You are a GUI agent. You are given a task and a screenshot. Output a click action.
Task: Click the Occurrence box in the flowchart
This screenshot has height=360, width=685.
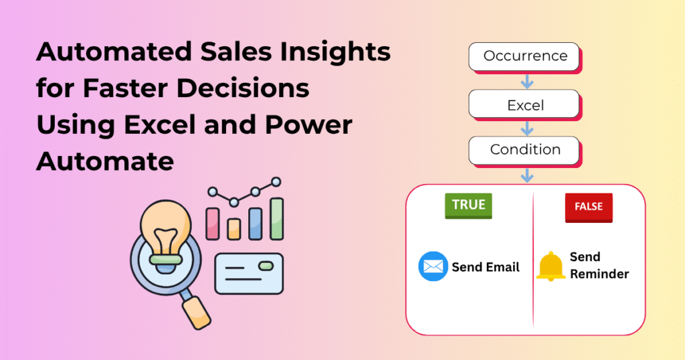point(525,56)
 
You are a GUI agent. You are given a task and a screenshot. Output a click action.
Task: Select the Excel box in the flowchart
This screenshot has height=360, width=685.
point(525,104)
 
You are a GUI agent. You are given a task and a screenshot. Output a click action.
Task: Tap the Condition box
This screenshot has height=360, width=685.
point(525,150)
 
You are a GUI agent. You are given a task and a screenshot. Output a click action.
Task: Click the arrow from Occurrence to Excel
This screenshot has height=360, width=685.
point(527,81)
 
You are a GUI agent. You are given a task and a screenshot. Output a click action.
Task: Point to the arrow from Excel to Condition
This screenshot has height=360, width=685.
point(527,127)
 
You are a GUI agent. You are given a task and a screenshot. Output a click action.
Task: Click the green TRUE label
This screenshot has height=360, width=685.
point(468,205)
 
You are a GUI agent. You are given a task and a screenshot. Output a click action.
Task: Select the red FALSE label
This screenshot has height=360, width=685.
point(589,207)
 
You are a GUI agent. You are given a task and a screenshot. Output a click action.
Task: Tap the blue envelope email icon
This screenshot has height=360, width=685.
point(433,266)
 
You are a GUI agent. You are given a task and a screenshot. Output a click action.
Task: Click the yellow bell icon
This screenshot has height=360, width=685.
point(551,266)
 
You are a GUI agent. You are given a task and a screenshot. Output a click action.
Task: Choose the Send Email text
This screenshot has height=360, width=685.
point(486,267)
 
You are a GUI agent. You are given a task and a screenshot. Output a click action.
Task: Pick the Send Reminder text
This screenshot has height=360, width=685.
point(599,266)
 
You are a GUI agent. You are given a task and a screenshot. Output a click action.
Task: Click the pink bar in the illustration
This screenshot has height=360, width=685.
point(213,223)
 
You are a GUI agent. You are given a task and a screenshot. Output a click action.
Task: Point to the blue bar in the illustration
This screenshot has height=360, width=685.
point(255,223)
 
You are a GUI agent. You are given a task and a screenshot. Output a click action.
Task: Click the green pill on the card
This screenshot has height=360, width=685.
point(266,266)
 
